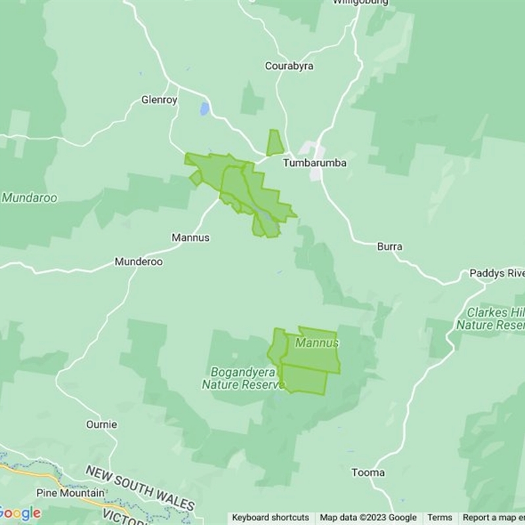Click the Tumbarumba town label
click(x=314, y=162)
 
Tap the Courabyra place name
click(x=289, y=66)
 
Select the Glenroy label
click(x=159, y=100)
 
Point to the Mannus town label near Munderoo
click(x=190, y=238)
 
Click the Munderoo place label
click(x=138, y=261)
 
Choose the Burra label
click(x=390, y=247)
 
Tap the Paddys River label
click(x=497, y=273)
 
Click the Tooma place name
click(x=368, y=472)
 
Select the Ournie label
click(x=102, y=425)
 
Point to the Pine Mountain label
click(x=70, y=493)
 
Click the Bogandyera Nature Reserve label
click(x=243, y=378)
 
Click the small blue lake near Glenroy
click(x=205, y=108)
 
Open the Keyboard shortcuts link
click(x=270, y=518)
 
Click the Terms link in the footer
click(x=440, y=518)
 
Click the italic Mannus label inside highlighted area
click(x=317, y=343)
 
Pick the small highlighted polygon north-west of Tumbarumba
click(x=275, y=142)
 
